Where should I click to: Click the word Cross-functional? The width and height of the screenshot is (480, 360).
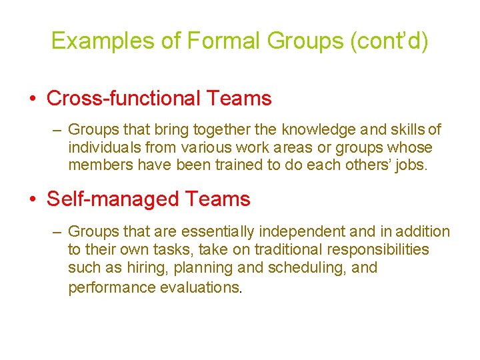(x=123, y=99)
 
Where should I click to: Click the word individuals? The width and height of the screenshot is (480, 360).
(x=103, y=147)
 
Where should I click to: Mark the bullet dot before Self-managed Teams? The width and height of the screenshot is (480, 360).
(x=33, y=200)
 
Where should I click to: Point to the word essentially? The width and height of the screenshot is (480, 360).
(x=214, y=232)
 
